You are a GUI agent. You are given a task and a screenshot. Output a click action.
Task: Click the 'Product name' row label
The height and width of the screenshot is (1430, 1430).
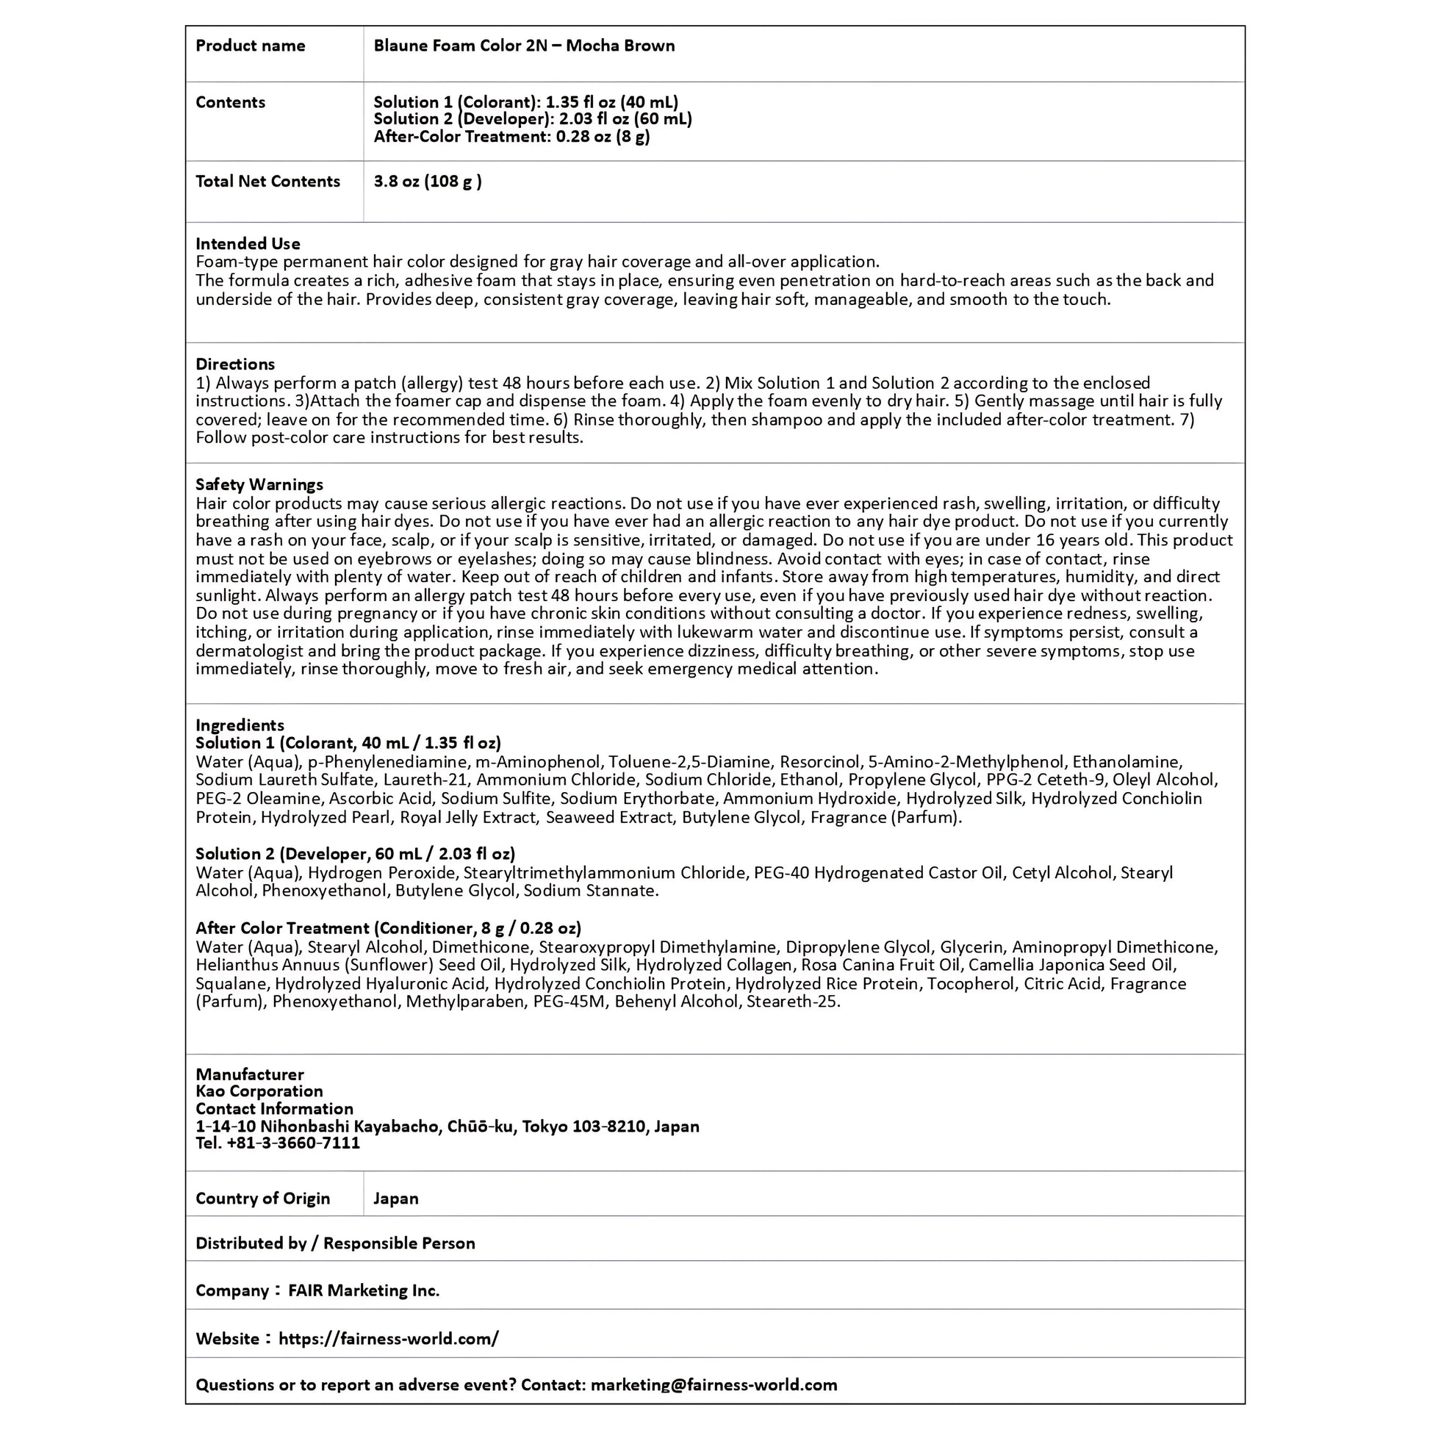[x=250, y=46]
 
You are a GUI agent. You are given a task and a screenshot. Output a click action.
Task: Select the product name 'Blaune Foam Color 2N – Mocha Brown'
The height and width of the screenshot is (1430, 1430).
[x=524, y=46]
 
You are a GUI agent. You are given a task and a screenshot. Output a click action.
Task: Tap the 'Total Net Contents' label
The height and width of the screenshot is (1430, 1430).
[x=268, y=182]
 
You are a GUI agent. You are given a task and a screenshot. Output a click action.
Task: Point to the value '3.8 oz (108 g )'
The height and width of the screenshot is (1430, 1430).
[x=428, y=182]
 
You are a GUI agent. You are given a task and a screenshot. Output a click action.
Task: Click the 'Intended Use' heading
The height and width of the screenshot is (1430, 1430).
[x=248, y=243]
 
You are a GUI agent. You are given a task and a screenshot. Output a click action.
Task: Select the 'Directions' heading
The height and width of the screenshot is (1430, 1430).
[x=235, y=364]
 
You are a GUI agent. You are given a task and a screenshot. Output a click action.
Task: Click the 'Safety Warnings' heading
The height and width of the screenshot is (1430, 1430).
[x=259, y=485]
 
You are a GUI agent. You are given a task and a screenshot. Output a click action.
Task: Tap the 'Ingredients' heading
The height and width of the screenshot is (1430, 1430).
[x=240, y=725]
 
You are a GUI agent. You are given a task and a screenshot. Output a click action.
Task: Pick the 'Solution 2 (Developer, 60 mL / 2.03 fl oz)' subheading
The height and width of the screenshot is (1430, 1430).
[x=355, y=853]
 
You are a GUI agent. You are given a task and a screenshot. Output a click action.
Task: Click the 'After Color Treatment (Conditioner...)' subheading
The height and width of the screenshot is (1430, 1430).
[x=389, y=928]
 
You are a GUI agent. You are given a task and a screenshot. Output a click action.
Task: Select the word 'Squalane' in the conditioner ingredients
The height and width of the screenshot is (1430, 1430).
[x=231, y=984]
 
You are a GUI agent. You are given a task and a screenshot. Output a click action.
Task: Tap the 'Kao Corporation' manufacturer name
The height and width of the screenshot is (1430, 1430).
[x=259, y=1091]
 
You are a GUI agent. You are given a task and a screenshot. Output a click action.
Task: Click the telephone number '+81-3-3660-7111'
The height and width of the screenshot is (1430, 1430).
[x=293, y=1143]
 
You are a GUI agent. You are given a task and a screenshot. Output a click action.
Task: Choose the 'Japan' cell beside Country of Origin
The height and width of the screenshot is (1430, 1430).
[x=396, y=1199]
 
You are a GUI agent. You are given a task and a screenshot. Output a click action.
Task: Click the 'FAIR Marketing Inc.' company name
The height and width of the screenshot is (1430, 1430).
[x=364, y=1291]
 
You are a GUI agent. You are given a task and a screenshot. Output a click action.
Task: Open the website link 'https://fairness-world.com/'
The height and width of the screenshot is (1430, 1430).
[x=389, y=1339]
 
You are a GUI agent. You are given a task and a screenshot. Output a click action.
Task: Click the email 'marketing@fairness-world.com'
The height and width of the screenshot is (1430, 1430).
[x=714, y=1385]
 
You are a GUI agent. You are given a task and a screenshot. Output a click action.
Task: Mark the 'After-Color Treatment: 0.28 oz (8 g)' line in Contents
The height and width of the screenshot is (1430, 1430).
[x=511, y=137]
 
